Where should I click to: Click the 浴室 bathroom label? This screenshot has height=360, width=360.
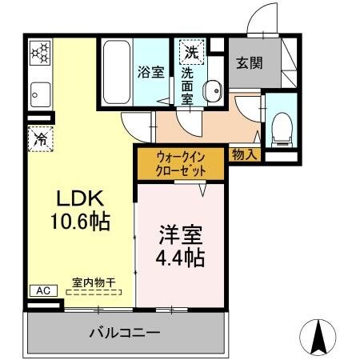[151, 71]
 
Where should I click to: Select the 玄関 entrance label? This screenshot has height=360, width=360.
[247, 63]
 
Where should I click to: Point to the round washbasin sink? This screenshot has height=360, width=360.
[212, 91]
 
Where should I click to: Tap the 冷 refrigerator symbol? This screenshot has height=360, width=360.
[39, 138]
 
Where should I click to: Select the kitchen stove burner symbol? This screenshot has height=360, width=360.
[39, 54]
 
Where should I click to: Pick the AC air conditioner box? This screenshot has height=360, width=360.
[44, 290]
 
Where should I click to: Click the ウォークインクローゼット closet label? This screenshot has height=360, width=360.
[182, 164]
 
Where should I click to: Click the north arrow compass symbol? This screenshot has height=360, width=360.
[318, 338]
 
